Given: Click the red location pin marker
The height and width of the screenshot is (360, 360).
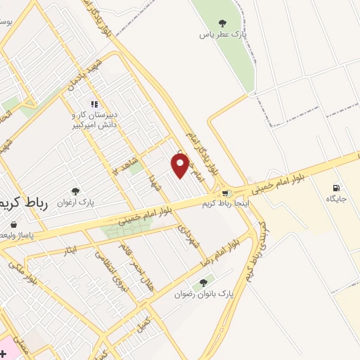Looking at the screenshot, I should [x=181, y=165].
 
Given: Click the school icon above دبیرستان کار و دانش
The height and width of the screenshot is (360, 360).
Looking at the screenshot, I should [x=94, y=105].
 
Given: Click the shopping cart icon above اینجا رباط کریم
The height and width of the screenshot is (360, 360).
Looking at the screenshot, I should [x=225, y=193].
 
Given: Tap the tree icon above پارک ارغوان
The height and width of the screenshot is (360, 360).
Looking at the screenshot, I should [x=75, y=191].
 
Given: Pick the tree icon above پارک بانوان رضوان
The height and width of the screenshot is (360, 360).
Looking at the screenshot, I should [x=203, y=283].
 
